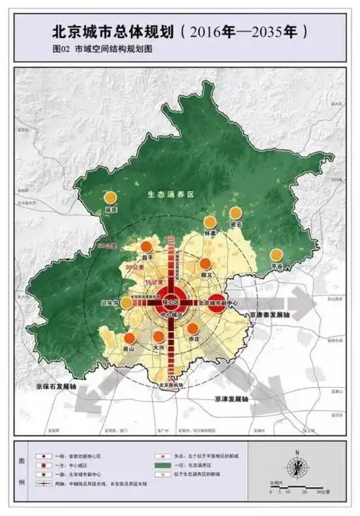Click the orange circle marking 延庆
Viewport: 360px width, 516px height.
(x=110, y=197)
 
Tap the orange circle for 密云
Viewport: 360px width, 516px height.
(x=235, y=212)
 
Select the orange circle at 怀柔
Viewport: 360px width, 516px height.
(x=210, y=222)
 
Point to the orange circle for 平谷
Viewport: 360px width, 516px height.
(x=276, y=254)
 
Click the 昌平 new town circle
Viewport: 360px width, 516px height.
(x=146, y=247)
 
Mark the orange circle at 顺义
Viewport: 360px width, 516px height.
(x=206, y=263)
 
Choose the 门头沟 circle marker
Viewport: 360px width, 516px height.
(x=127, y=303)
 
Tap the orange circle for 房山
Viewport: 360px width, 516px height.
(x=130, y=338)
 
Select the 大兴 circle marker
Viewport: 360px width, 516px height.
(x=159, y=337)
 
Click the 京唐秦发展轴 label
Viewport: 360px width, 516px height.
(x=273, y=314)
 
